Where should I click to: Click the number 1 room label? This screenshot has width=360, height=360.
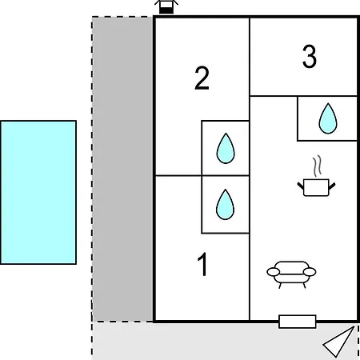[x=203, y=264]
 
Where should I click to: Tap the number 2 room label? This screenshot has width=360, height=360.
[x=202, y=78]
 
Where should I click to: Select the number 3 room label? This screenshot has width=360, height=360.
[x=310, y=56]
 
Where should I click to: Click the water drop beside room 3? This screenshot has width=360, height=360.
[x=328, y=118]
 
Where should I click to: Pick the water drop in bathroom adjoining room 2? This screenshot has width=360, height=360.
[x=226, y=148]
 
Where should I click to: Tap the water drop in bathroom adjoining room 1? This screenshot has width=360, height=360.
[x=226, y=205]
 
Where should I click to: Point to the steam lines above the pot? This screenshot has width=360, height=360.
[x=317, y=166]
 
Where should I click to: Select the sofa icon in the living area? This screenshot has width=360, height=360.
[x=291, y=274]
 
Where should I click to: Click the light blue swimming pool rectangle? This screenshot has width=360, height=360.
[x=38, y=192]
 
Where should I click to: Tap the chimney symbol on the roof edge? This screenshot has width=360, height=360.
[x=166, y=6]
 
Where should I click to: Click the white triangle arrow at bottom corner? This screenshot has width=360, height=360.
[x=340, y=342]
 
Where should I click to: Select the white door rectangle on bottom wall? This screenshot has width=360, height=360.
[x=298, y=322]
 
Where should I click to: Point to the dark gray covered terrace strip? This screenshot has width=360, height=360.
[x=122, y=169]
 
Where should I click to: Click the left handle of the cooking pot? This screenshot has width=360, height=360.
[x=301, y=186]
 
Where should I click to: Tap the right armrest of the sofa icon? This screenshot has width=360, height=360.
[x=310, y=272]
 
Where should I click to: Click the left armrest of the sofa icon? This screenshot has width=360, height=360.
[x=274, y=272]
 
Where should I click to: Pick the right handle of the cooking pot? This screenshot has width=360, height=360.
[x=332, y=186]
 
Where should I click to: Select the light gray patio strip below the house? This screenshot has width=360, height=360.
[x=226, y=342]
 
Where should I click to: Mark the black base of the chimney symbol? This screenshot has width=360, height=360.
[x=166, y=10]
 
